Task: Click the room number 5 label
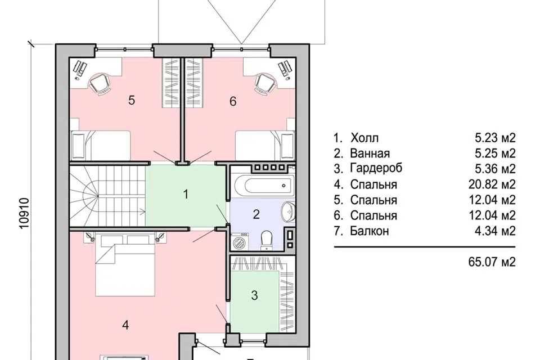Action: coord(132,100)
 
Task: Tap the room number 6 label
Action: coord(233,101)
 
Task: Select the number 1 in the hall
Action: coord(186,194)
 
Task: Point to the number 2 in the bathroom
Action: coord(256,214)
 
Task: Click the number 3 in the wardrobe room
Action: coord(254,295)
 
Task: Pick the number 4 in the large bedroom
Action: coord(125,325)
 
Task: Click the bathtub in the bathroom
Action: coord(265,186)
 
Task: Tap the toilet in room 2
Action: coord(267,240)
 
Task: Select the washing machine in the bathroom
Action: coord(240,241)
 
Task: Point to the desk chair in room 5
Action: coord(100,83)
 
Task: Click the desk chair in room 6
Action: coord(265,83)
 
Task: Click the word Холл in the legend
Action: coord(364,138)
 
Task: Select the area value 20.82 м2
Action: coord(492,184)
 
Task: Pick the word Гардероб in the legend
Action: coord(376,169)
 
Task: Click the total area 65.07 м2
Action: coord(492,262)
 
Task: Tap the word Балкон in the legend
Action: coord(370,231)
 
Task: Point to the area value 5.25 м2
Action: coord(495,154)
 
